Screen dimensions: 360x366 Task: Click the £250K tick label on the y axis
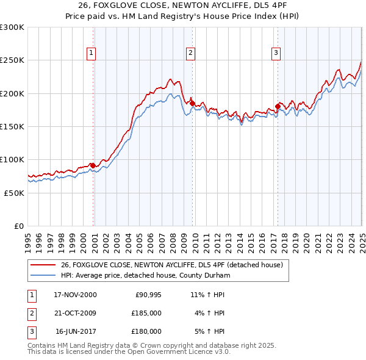pyautogui.click(x=12, y=60)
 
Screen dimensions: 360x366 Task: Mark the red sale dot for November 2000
pyautogui.click(x=93, y=165)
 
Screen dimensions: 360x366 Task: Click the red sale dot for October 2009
pyautogui.click(x=192, y=104)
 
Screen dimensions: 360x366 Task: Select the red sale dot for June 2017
pyautogui.click(x=278, y=107)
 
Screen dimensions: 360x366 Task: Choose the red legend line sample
pyautogui.click(x=43, y=265)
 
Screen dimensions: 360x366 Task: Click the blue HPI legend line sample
pyautogui.click(x=43, y=276)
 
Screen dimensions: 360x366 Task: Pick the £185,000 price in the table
pyautogui.click(x=146, y=313)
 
